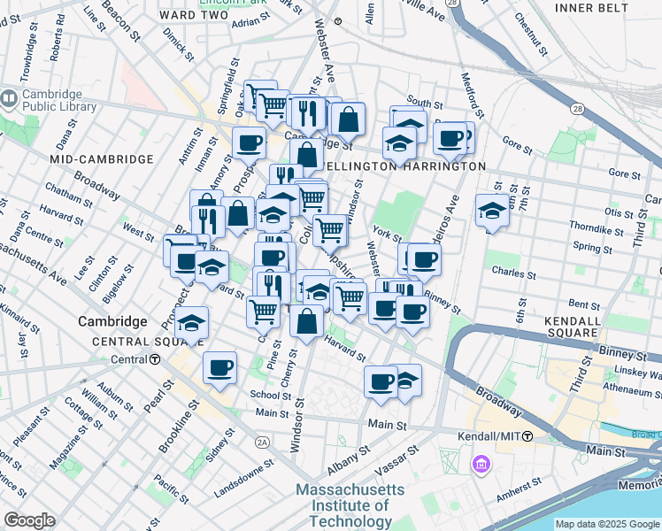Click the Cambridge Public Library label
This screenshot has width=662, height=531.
[54, 103]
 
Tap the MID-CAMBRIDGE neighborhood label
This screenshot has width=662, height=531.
[102, 159]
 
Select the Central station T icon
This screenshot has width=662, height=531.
[155, 359]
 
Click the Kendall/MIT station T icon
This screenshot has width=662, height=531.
[527, 436]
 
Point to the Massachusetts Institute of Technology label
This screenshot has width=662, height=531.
[350, 506]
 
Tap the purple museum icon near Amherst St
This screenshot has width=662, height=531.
[481, 464]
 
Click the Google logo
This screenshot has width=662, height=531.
[29, 520]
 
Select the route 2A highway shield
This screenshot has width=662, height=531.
[262, 442]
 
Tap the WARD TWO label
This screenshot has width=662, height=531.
[189, 14]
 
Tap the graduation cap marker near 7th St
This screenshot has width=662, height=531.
[492, 211]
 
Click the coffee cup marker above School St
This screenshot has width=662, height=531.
[219, 367]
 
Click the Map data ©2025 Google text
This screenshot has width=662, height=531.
[607, 524]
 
